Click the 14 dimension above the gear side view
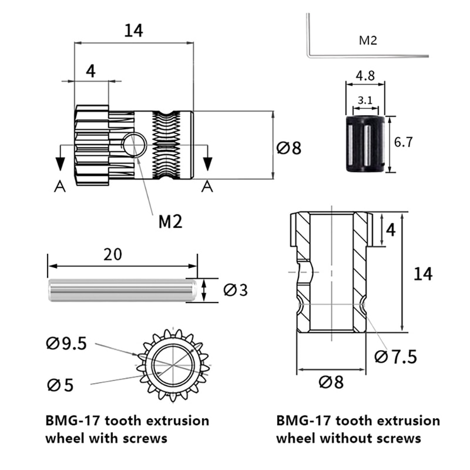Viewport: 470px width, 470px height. (x=133, y=31)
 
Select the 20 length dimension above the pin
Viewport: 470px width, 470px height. (x=113, y=255)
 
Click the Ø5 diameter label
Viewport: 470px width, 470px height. (x=61, y=385)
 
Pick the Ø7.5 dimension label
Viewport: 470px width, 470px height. (x=396, y=356)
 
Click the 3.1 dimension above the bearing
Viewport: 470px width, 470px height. (x=364, y=100)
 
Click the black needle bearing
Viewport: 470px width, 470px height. (x=364, y=144)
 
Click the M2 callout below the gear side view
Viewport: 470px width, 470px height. (x=170, y=221)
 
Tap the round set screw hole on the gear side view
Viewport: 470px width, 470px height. (x=135, y=145)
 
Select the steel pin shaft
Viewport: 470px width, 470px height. (x=122, y=290)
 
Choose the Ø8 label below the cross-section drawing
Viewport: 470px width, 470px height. (x=331, y=382)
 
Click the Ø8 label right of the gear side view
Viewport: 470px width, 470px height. (x=288, y=147)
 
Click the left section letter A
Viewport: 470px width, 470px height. (x=59, y=186)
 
